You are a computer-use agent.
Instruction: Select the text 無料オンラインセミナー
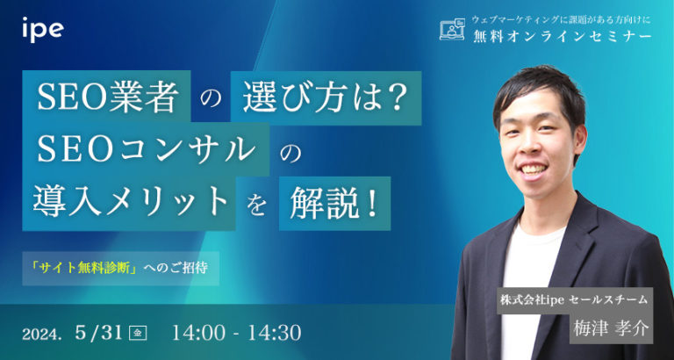[557, 37]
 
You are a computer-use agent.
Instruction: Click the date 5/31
[98, 333]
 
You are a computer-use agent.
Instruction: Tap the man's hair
[535, 88]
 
